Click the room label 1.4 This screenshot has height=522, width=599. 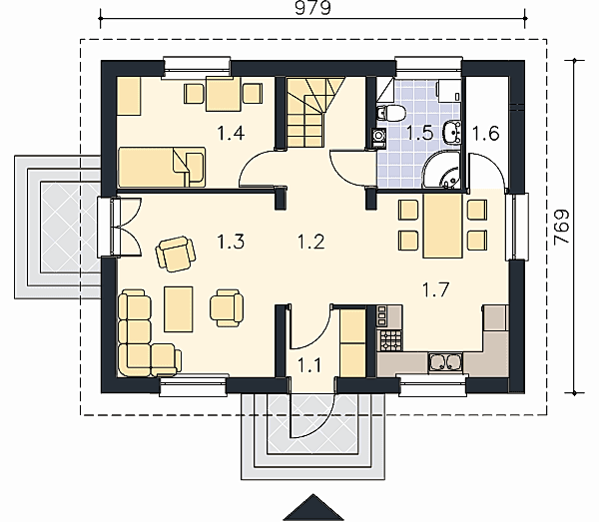pos(231,134)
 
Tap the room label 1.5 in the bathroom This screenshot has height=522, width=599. pos(419,134)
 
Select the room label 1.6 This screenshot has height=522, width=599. pos(485,134)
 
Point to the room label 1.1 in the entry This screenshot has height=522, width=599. pos(308,365)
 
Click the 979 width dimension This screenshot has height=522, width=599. pos(312,8)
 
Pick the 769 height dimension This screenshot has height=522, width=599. pos(561,227)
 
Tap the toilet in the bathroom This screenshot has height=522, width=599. pos(390,113)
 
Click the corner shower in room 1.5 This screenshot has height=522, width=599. pos(442,172)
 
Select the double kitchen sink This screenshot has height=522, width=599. pos(445,362)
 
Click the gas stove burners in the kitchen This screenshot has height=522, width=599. pos(390,340)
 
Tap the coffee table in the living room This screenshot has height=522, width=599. pos(179,309)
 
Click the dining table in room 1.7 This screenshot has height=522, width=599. pos(443,226)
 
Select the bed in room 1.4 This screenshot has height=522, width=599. pos(162,168)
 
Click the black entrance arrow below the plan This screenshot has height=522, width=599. pos(312,507)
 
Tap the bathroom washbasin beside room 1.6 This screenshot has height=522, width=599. pos(452,133)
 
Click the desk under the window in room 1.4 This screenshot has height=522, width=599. pos(224,94)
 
